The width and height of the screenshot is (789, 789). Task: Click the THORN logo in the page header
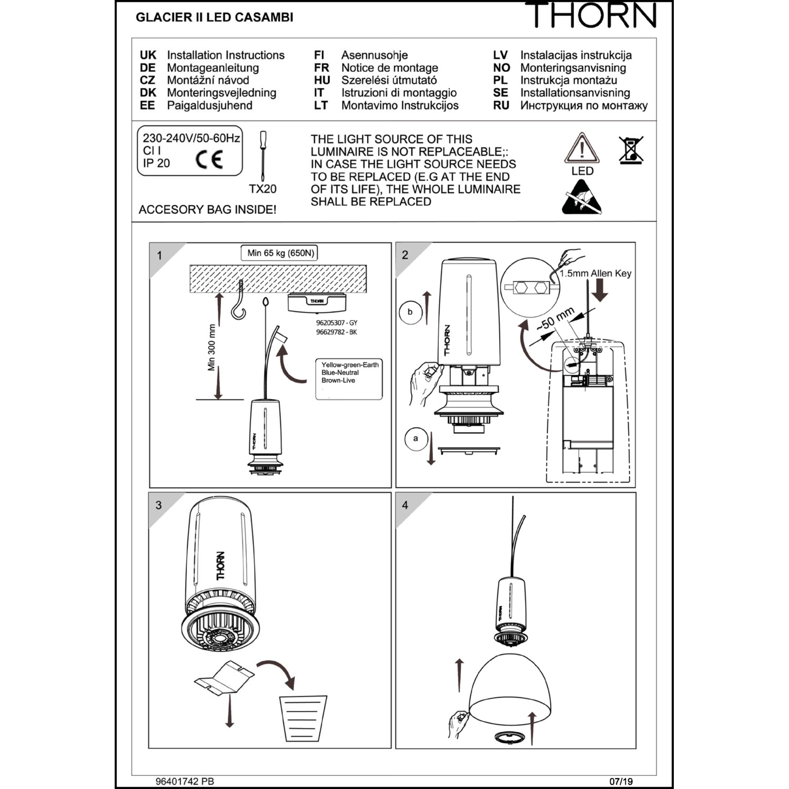[x=594, y=15]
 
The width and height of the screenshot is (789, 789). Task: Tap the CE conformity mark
[x=209, y=159]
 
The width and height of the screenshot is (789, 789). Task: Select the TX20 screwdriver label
[x=262, y=189]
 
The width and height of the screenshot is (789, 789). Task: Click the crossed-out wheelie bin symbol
[x=631, y=150]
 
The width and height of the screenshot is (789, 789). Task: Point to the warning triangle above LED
[x=582, y=148]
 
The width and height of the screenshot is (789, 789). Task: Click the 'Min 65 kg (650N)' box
[x=281, y=253]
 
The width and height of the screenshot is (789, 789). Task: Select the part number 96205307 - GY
[x=337, y=323]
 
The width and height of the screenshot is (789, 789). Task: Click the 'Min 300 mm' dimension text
[x=211, y=347]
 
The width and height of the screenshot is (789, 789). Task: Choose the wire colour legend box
[x=349, y=379]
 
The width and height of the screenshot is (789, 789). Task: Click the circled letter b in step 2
[x=410, y=312]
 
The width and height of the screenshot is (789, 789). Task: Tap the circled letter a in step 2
[x=416, y=439]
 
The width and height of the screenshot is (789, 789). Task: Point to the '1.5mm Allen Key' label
[x=595, y=274]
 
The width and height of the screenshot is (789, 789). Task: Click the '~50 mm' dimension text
[x=555, y=319]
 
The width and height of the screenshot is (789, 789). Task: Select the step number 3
[x=158, y=505]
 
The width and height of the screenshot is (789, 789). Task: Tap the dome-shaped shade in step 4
[x=510, y=689]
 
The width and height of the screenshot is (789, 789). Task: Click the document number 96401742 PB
[x=185, y=782]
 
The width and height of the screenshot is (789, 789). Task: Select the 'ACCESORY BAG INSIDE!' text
[x=207, y=210]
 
